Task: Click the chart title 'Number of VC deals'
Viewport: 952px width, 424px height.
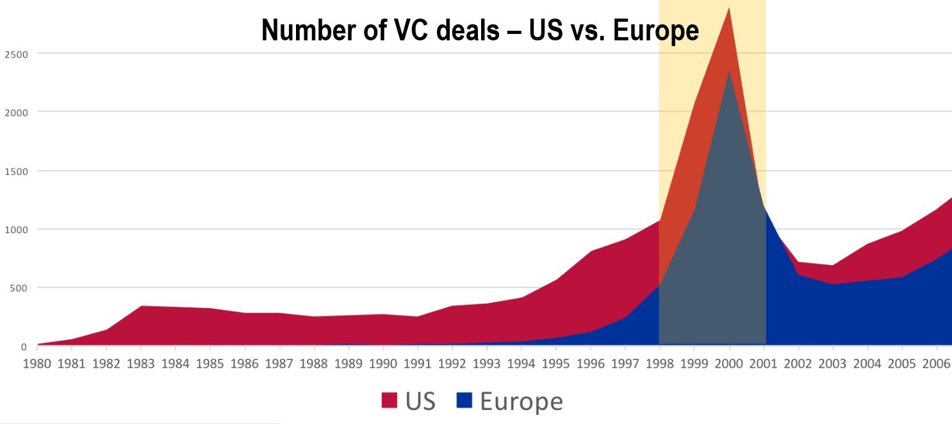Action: [x=480, y=30]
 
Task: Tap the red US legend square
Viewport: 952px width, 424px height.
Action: [x=390, y=401]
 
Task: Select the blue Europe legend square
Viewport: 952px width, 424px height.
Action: [x=464, y=401]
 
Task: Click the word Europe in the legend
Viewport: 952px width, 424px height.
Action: [x=521, y=402]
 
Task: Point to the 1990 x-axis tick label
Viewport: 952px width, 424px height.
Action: [x=383, y=364]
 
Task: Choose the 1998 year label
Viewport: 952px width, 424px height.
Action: [x=660, y=364]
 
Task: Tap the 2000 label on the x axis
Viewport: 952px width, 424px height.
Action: [x=729, y=364]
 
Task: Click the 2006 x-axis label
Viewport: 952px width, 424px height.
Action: [x=937, y=364]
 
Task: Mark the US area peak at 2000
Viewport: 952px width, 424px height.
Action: [x=729, y=9]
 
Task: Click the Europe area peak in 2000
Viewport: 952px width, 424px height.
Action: [x=729, y=71]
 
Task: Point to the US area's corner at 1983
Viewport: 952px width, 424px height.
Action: [x=141, y=307]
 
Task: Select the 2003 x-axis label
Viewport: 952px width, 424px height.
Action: [x=833, y=364]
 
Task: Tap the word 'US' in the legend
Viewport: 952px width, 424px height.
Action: [x=420, y=402]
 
